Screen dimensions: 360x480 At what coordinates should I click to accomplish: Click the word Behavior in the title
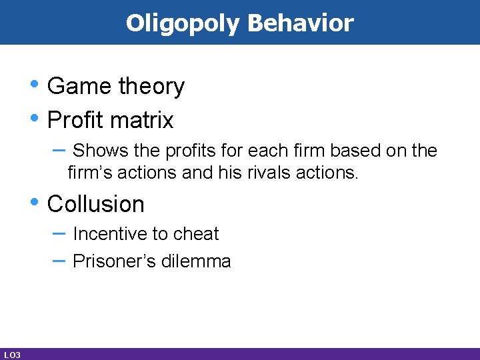(300, 23)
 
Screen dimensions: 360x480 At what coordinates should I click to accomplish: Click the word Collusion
(96, 204)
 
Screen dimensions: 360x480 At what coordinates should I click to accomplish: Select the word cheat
(196, 234)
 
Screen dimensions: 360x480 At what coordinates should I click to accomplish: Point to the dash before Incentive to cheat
(58, 233)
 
